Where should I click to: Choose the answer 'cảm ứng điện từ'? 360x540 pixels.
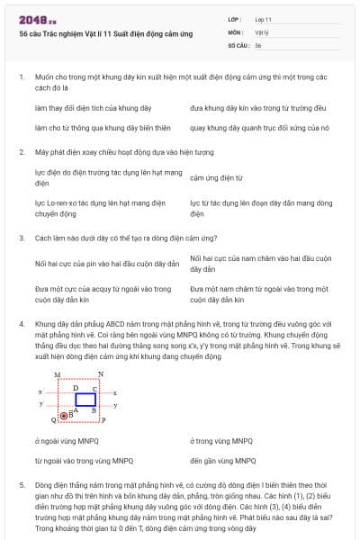(x=217, y=178)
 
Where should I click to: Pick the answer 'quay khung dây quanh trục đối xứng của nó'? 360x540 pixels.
(x=260, y=128)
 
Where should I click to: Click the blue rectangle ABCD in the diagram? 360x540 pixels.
(x=85, y=399)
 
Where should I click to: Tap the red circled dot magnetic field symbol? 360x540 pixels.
(x=63, y=416)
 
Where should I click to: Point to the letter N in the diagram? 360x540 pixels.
(x=100, y=373)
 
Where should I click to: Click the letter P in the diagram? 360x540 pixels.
(x=103, y=419)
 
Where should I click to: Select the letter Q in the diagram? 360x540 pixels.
(x=54, y=420)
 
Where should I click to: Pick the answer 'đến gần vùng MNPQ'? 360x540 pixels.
(x=221, y=460)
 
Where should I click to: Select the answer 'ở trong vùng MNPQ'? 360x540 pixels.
(x=221, y=441)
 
